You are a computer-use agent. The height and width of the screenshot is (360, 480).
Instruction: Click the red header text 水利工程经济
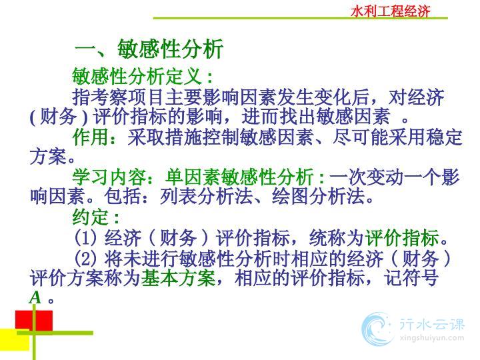click(x=391, y=11)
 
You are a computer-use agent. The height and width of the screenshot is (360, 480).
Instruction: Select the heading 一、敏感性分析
click(x=149, y=49)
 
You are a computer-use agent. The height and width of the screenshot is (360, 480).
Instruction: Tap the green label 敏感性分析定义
click(x=137, y=77)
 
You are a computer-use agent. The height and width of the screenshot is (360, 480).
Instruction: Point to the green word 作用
click(x=90, y=137)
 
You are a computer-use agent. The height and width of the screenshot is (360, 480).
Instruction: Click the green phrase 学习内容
click(x=109, y=177)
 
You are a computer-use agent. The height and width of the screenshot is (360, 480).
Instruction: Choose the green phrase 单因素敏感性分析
click(x=239, y=177)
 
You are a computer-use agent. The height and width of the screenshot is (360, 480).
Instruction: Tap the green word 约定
click(x=90, y=217)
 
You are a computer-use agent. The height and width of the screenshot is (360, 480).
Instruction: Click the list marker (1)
click(x=85, y=238)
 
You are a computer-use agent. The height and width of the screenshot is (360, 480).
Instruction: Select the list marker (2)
click(x=85, y=258)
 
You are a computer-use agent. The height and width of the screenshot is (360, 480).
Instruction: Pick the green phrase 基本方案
click(x=178, y=278)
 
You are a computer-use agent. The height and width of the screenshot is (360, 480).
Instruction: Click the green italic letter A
click(x=35, y=297)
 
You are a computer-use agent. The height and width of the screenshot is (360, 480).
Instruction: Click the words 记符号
click(x=411, y=278)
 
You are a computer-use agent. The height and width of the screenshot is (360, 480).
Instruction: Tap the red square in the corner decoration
click(x=34, y=321)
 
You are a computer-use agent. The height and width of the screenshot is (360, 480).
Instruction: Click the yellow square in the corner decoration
click(x=15, y=340)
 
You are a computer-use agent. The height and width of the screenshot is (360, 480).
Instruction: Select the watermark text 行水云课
click(x=431, y=325)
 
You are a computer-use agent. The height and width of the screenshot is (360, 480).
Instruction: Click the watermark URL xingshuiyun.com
click(x=431, y=338)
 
